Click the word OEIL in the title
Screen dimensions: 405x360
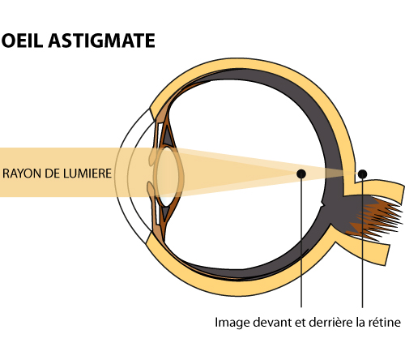(23, 41)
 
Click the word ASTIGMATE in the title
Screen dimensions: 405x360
(102, 41)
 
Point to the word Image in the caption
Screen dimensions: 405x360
(232, 323)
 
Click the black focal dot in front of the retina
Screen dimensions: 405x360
(301, 174)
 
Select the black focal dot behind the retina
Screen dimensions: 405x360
(362, 174)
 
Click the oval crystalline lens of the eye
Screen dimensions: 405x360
(168, 176)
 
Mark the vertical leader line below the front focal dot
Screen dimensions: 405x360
(301, 242)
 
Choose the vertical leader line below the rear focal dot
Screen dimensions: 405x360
(362, 243)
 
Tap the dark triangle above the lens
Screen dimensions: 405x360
(167, 136)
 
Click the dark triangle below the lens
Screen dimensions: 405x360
(165, 212)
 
